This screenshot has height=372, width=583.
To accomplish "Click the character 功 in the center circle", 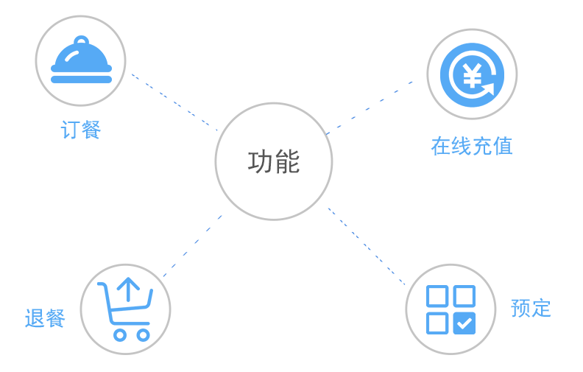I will (x=261, y=162).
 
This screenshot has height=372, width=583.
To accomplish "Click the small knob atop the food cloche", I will (x=81, y=41).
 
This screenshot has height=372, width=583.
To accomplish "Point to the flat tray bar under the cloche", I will (x=81, y=79).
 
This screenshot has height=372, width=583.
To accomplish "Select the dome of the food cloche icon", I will (x=81, y=57).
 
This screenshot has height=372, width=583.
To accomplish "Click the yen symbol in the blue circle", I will (x=471, y=74).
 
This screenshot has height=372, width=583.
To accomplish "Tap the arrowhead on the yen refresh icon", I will (x=488, y=90).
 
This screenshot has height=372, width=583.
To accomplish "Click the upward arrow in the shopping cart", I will (x=128, y=289).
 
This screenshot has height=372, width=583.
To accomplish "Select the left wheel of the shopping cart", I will (x=119, y=334).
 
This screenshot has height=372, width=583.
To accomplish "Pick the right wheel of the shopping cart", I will (x=143, y=334).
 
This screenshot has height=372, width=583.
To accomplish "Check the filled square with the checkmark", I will (x=464, y=323).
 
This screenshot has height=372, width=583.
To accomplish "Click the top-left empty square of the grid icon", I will (x=437, y=296).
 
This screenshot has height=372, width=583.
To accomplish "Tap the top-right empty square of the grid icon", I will (x=464, y=296).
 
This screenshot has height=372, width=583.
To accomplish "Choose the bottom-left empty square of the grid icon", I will (x=437, y=323).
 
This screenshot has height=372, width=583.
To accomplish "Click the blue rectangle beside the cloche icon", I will (x=174, y=102).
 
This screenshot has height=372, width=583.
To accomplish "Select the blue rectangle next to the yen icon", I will (x=369, y=108).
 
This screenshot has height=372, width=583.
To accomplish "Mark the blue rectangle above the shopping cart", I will (x=192, y=246).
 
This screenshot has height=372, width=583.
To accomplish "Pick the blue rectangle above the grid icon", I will (x=367, y=246).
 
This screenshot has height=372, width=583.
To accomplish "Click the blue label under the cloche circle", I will (x=80, y=130).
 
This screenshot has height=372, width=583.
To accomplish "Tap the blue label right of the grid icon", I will (x=531, y=308).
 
